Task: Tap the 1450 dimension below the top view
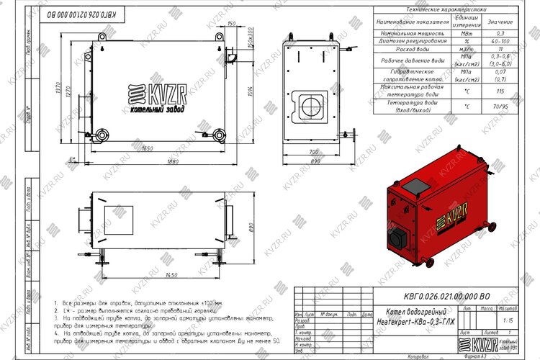click(151, 275)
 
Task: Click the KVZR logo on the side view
click(156, 97)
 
